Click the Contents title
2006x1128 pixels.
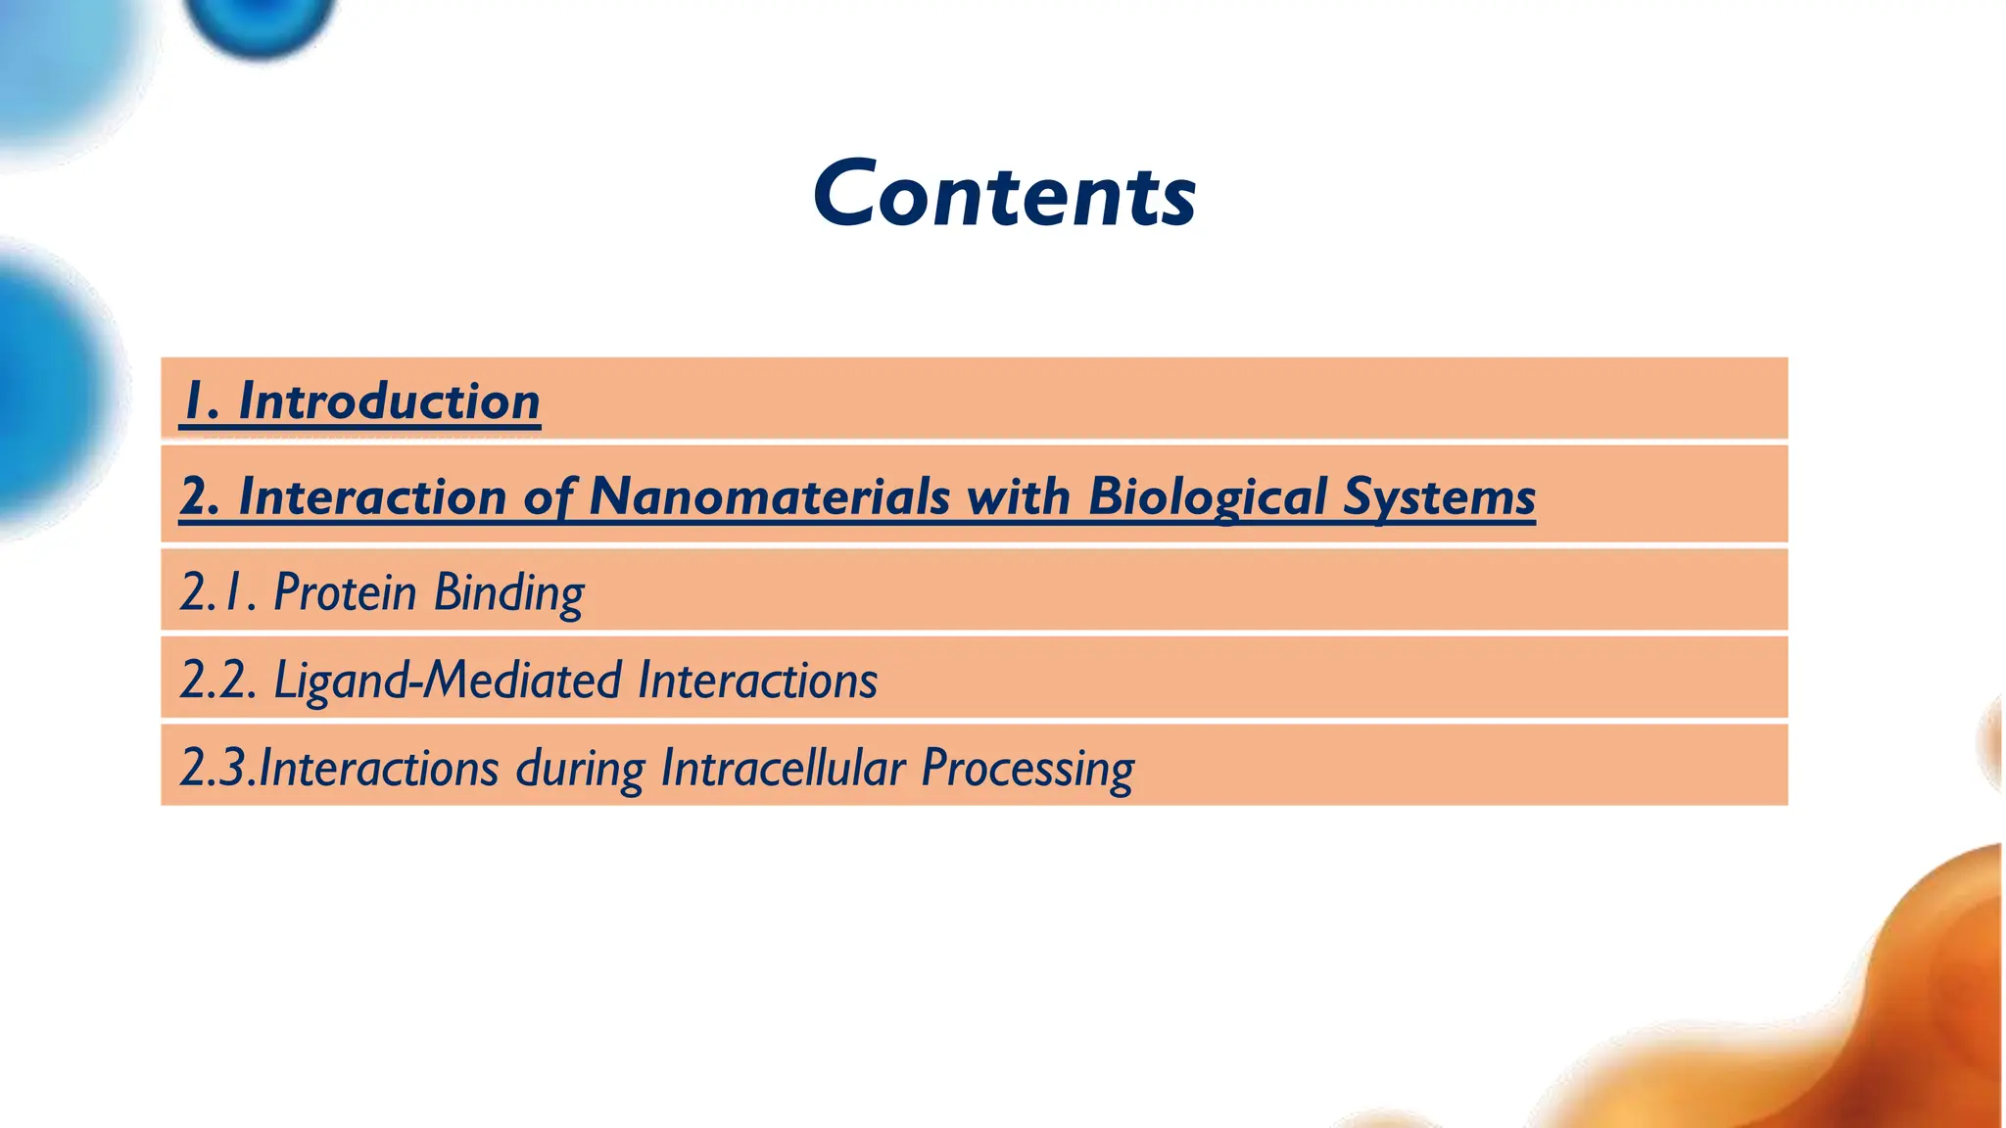(1004, 195)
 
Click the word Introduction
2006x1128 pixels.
(389, 401)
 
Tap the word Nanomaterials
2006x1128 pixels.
(769, 496)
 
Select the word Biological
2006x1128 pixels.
(1207, 496)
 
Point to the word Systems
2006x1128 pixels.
(1439, 496)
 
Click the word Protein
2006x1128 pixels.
(345, 591)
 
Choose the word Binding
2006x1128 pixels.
(508, 593)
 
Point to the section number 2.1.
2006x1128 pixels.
(217, 591)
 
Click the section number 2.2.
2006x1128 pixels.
(217, 680)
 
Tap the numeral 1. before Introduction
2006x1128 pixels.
(201, 401)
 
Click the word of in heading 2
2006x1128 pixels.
(549, 496)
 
